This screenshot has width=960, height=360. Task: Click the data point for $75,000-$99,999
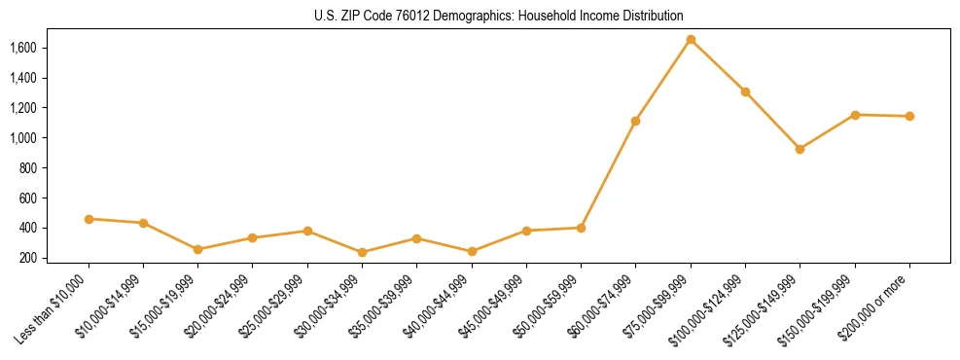[x=691, y=40]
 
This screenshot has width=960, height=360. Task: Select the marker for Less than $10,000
[x=89, y=219]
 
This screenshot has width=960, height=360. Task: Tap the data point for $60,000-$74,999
[x=635, y=122]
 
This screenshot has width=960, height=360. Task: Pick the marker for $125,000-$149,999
[x=800, y=149]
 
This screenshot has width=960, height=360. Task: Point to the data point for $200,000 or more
[x=909, y=117]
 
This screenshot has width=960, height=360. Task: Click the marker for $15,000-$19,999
[x=198, y=249]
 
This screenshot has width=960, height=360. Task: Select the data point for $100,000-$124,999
[x=745, y=92]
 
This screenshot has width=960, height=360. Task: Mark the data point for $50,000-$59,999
[x=581, y=228]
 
